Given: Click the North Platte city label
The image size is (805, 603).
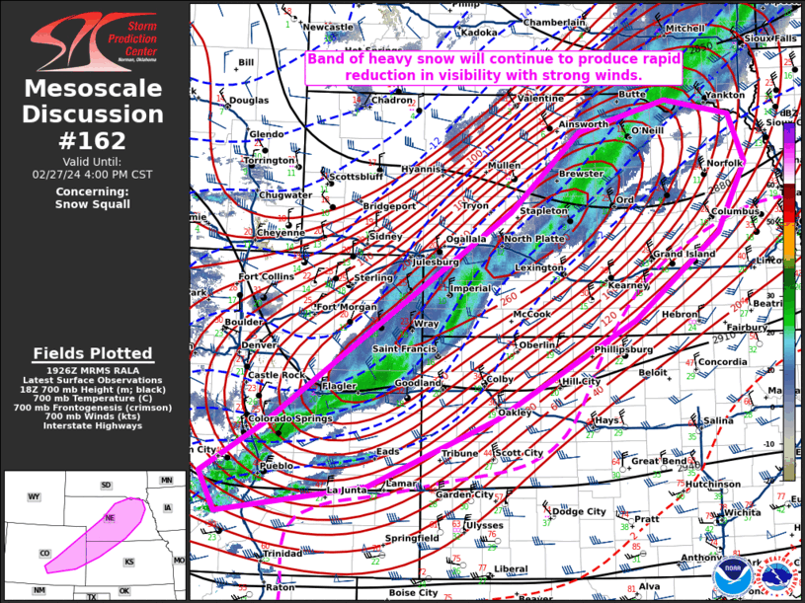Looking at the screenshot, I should pyautogui.click(x=534, y=239).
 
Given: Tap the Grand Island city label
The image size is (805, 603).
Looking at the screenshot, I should pyautogui.click(x=683, y=255).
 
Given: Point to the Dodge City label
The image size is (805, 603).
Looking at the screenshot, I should pyautogui.click(x=579, y=511).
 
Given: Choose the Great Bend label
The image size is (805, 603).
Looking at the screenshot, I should pyautogui.click(x=659, y=461).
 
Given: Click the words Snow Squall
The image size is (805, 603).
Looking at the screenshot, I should pyautogui.click(x=92, y=204).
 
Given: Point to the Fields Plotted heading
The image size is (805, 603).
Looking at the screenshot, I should pyautogui.click(x=93, y=353).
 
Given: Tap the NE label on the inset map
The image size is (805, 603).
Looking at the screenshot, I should pyautogui.click(x=110, y=518).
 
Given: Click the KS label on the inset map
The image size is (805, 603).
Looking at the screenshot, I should pyautogui.click(x=128, y=562).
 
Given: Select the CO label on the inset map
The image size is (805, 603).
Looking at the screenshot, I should pyautogui.click(x=44, y=554).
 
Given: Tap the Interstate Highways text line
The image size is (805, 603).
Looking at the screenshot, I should pyautogui.click(x=93, y=425).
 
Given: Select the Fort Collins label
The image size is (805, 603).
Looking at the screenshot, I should pyautogui.click(x=267, y=277).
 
